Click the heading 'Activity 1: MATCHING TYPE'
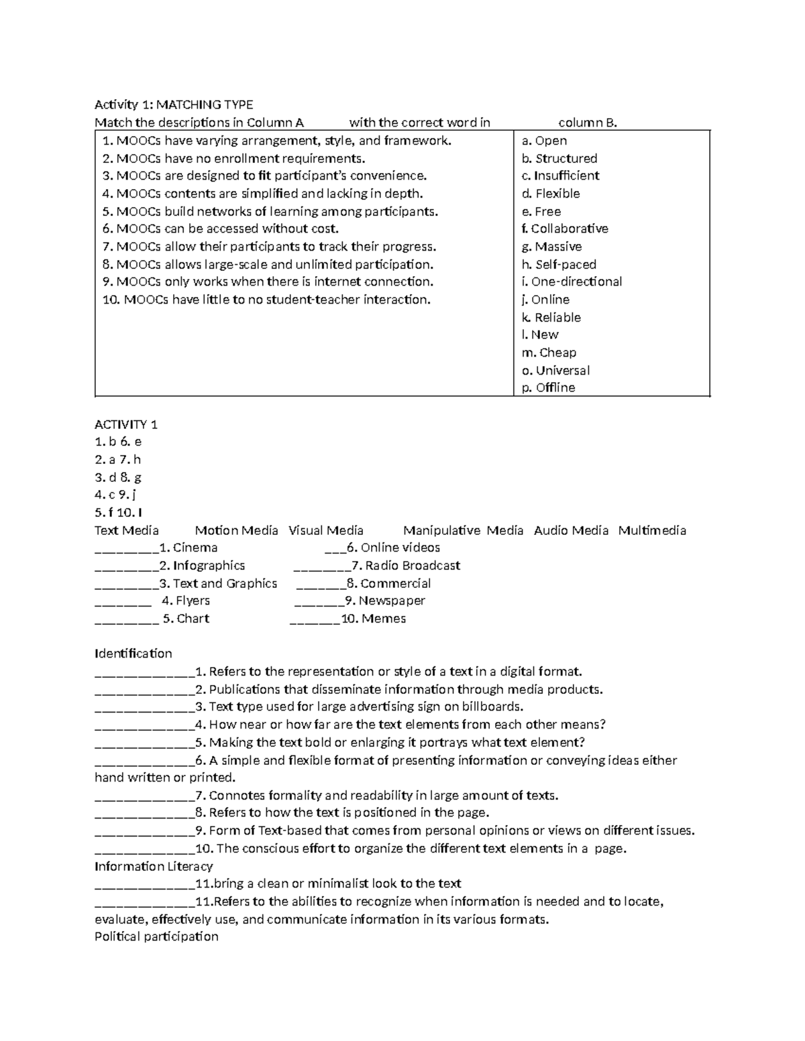point(174,105)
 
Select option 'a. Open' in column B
point(544,141)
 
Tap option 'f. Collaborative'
point(564,229)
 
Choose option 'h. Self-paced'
point(559,264)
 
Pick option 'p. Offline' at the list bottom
point(548,387)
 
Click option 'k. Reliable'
point(551,317)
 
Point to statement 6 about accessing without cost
point(220,229)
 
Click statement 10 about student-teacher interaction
point(266,300)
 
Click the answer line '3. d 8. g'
point(118,477)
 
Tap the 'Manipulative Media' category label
point(463,530)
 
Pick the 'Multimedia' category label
point(651,530)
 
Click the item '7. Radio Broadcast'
point(405,566)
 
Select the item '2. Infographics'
point(202,566)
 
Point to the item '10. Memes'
point(373,619)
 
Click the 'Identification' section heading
point(133,654)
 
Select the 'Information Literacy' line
point(154,866)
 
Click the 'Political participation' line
point(156,936)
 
